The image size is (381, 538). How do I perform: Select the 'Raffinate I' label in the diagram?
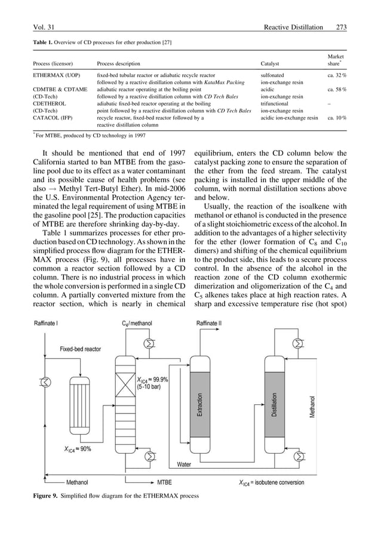click(x=51, y=323)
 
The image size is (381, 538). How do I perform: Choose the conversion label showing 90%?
click(x=75, y=448)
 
